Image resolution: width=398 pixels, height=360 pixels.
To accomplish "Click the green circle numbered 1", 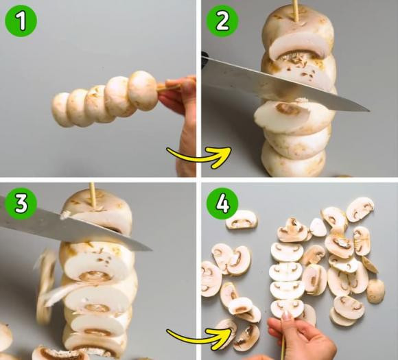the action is [21, 21].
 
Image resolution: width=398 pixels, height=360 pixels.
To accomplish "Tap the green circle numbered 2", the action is [222, 21].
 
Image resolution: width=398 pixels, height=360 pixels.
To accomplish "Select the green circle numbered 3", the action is [21, 203].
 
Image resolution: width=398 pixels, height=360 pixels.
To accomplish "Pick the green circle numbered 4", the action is [222, 203].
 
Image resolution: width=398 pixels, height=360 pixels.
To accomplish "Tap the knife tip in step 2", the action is [369, 110].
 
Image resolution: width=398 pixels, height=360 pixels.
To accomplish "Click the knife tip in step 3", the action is [152, 250].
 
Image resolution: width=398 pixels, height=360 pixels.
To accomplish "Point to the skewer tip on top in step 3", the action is [92, 183].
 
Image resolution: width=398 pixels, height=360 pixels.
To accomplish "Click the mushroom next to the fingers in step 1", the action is [143, 90].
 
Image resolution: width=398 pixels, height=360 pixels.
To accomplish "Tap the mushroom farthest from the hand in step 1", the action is [61, 110].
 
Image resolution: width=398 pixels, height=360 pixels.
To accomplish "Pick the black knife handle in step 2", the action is [204, 60].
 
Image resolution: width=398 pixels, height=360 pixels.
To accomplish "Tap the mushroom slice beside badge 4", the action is [242, 220].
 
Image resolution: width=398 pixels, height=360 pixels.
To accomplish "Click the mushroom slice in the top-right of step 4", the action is [360, 210].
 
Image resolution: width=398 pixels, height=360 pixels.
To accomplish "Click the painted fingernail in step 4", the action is [286, 315].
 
